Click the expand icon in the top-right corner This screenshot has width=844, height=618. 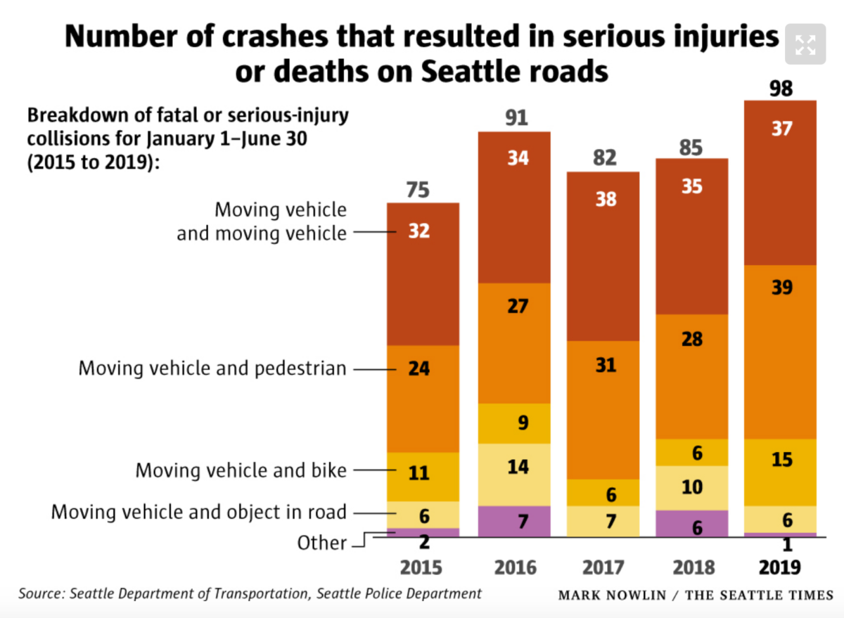coord(805,46)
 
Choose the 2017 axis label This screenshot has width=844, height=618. coord(605,567)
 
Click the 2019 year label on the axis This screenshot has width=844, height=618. coord(781,567)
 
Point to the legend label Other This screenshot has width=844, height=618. coord(321,543)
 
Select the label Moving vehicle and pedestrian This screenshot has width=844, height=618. coord(212,368)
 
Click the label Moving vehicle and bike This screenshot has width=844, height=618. coord(241,470)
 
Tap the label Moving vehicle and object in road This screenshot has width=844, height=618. coord(198,512)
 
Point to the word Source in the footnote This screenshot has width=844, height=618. coord(41,593)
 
